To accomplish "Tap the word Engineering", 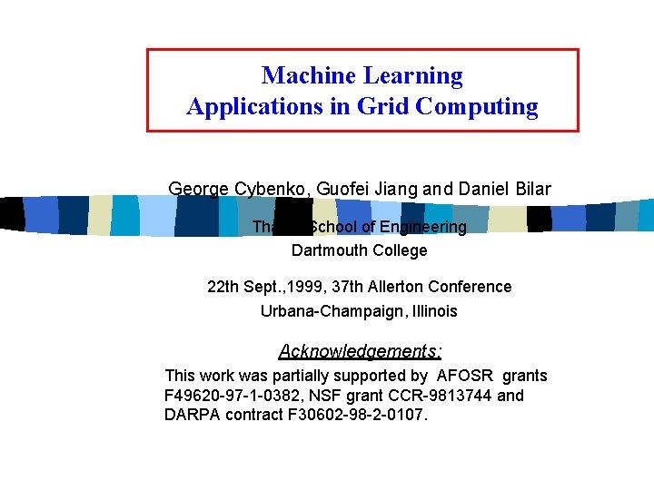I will (421, 227).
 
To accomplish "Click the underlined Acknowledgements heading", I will (361, 351).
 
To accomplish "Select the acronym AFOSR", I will (465, 376).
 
